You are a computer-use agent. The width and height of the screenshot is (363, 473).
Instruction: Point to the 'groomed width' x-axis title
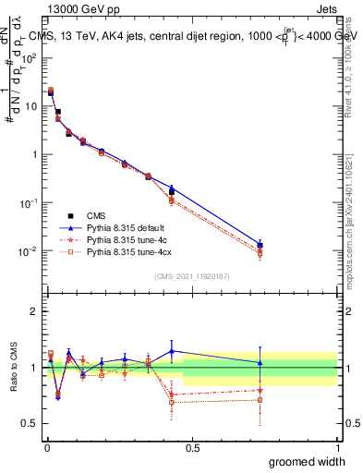point(308,461)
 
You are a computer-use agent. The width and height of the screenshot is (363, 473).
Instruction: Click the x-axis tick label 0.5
point(191,448)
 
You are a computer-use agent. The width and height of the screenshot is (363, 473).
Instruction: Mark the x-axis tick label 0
point(46,448)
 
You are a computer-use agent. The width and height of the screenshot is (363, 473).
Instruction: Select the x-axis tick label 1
point(337,448)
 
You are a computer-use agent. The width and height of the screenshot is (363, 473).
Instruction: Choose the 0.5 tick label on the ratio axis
point(30,424)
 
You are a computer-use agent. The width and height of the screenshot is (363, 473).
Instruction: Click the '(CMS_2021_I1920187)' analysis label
point(191,276)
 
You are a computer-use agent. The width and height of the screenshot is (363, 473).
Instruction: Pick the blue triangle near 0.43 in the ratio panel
point(172,351)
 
